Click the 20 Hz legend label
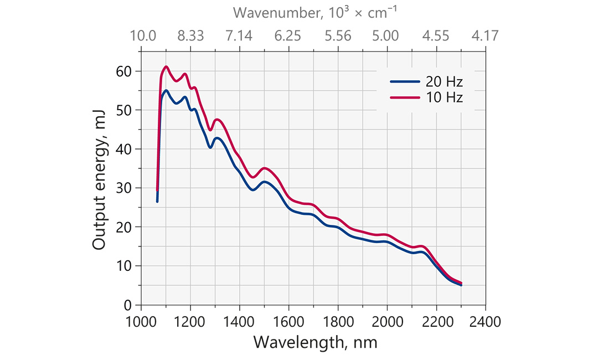point(444,81)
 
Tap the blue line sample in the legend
point(405,81)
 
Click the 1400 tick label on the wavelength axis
point(240,321)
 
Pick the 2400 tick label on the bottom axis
point(486,321)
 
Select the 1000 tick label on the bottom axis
point(142,321)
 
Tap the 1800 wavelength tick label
point(338,321)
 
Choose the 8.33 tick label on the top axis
point(190,36)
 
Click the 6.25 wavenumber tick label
point(288,36)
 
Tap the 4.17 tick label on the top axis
point(486,36)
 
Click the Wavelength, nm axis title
point(315,342)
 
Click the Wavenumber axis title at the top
point(314,12)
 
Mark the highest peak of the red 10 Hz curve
point(166,66)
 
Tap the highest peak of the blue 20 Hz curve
point(166,90)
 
